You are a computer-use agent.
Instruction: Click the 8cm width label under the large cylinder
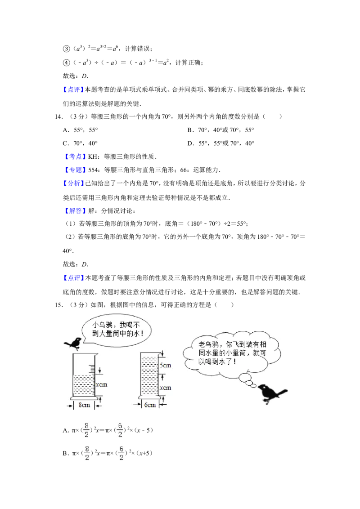pos(84,405)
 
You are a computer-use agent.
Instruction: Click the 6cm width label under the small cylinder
pos(150,405)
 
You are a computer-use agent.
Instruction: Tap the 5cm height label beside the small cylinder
pos(166,365)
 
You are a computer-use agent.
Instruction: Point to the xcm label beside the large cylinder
pos(102,385)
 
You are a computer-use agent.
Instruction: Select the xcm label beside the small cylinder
pos(166,388)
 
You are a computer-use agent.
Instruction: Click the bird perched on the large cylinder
pos(72,343)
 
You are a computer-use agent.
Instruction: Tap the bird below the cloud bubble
pos(274,394)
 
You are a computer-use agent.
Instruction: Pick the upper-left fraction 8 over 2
pos(86,430)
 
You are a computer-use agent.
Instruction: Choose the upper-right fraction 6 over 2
pos(121,430)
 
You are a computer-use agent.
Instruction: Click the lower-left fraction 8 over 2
pos(87,453)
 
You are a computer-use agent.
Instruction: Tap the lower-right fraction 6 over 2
pos(121,453)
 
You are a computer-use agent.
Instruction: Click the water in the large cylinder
pos(83,384)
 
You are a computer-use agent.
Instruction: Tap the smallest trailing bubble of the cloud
pos(253,386)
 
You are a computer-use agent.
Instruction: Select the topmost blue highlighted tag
pos(73,90)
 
